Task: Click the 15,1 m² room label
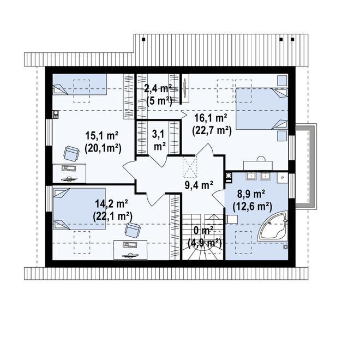pos(102,136)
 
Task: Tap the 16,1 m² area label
pos(211,118)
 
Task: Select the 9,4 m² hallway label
pos(199,185)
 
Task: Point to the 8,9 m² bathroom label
pos(251,195)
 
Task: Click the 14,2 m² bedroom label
pos(112,204)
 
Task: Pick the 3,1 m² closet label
pos(159,140)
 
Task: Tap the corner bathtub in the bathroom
pos(273,226)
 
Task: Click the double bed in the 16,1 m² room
pos(262,109)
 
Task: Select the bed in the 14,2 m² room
pos(80,209)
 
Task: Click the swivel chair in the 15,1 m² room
pos(71,154)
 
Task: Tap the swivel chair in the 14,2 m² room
pos(133,230)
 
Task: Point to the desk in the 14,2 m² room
pos(130,250)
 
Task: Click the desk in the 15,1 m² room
pos(69,173)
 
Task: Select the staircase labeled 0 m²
pos(203,237)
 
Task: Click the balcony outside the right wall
pos(306,166)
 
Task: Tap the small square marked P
pos(283,178)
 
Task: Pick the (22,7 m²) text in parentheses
pos(212,131)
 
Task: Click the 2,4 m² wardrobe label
pos(159,88)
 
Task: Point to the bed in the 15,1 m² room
pos(80,85)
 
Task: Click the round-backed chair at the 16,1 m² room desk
pos(261,159)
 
